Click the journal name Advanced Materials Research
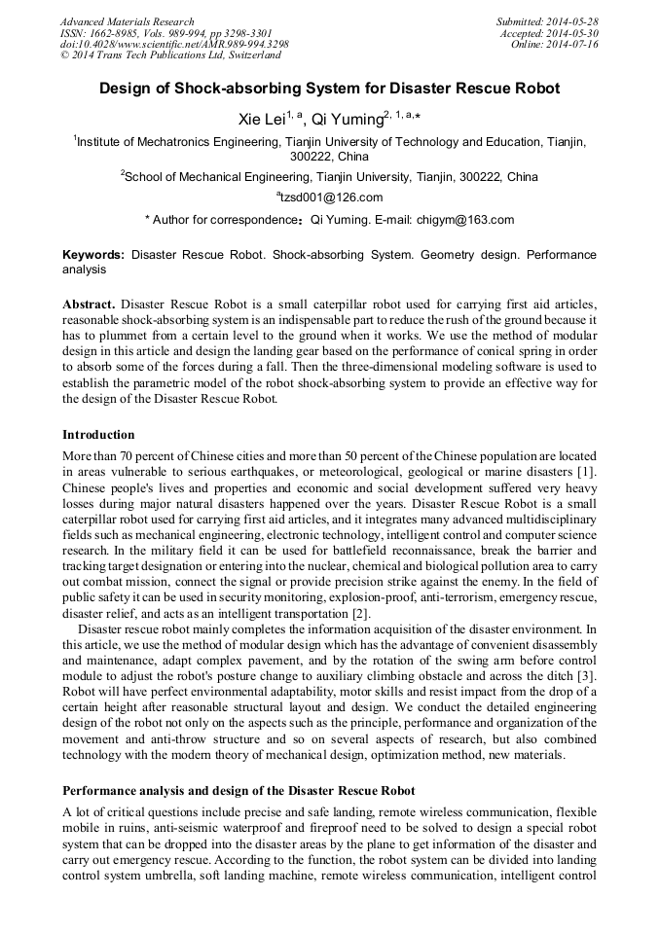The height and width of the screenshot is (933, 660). click(127, 21)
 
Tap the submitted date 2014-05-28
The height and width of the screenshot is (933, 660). click(573, 21)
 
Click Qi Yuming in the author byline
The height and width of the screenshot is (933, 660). click(346, 120)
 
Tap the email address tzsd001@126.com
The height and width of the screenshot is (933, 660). click(332, 197)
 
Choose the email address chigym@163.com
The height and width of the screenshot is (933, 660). click(465, 220)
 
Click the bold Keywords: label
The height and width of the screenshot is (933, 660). click(93, 254)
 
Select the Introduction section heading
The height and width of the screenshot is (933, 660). click(98, 434)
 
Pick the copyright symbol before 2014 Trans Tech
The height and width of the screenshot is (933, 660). click(64, 56)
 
